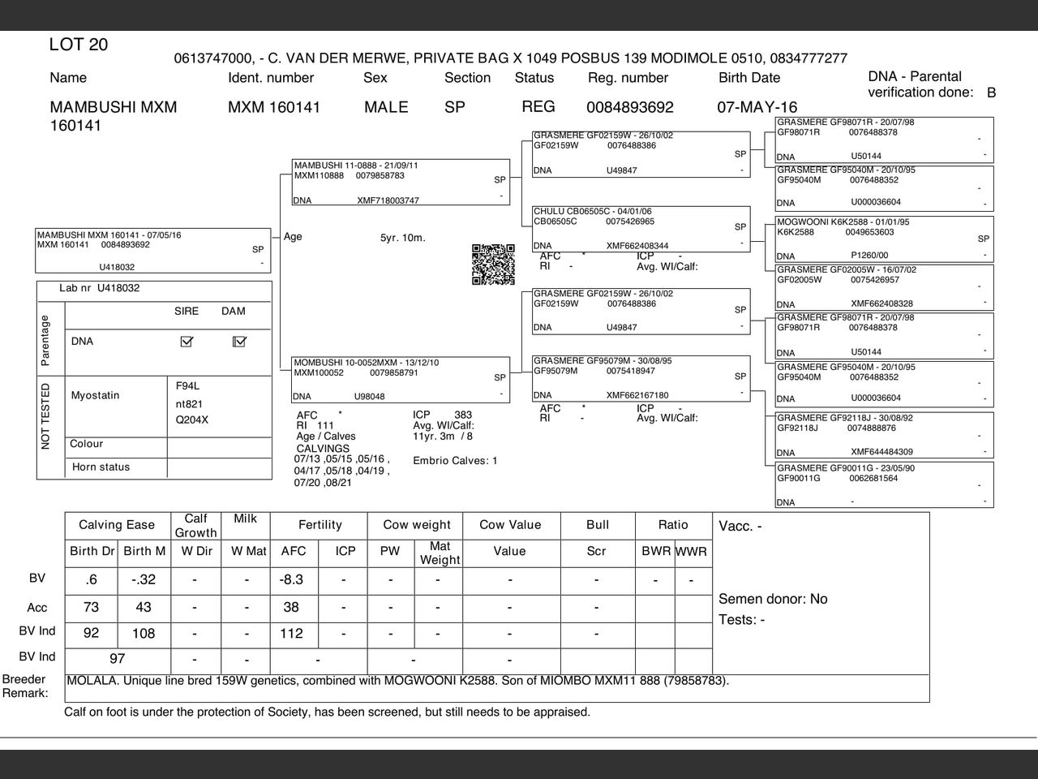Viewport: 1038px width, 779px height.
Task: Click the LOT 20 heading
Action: pyautogui.click(x=79, y=45)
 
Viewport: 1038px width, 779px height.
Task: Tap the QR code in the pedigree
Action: pyautogui.click(x=493, y=265)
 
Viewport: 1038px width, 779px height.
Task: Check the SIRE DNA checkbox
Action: pyautogui.click(x=187, y=342)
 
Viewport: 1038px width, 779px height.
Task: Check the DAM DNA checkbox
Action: pyautogui.click(x=238, y=342)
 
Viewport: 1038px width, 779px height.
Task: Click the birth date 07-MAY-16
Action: pyautogui.click(x=757, y=107)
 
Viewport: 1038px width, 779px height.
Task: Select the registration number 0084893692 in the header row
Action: pyautogui.click(x=629, y=107)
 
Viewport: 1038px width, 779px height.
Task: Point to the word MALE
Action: pyautogui.click(x=386, y=107)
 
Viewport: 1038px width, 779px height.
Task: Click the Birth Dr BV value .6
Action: pyautogui.click(x=91, y=579)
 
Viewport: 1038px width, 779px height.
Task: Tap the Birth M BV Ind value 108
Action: pyautogui.click(x=144, y=634)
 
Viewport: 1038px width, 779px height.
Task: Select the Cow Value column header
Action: pyautogui.click(x=509, y=525)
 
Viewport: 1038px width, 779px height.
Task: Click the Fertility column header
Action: pyautogui.click(x=320, y=525)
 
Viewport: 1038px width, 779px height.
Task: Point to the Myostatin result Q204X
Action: pyautogui.click(x=192, y=420)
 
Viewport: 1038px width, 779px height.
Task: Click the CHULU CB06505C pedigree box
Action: pyautogui.click(x=641, y=229)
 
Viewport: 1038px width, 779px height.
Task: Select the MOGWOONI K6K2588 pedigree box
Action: pyautogui.click(x=884, y=239)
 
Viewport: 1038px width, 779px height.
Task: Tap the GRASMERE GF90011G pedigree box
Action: pyautogui.click(x=884, y=485)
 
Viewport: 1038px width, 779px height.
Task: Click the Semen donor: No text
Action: pyautogui.click(x=773, y=599)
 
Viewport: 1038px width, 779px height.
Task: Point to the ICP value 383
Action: pyautogui.click(x=463, y=415)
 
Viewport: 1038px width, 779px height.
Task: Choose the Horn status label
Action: pyautogui.click(x=101, y=467)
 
